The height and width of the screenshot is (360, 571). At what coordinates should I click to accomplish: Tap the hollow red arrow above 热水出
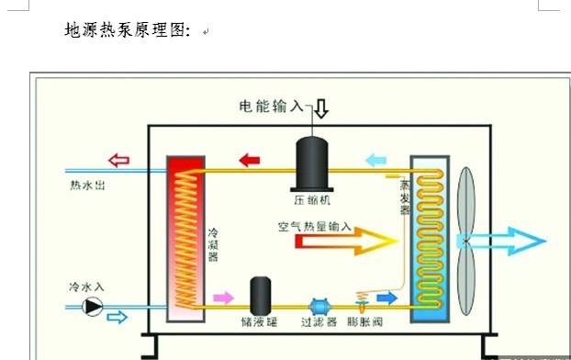click(118, 161)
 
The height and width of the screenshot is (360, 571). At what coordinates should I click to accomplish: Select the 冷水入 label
click(86, 287)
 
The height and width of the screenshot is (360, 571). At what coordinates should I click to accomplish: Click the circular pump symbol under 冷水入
click(93, 307)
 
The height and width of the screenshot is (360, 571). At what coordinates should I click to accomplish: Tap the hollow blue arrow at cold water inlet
click(118, 317)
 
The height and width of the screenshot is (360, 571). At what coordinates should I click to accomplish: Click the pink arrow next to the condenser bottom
click(223, 298)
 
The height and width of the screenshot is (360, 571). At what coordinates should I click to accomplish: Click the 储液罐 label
click(258, 324)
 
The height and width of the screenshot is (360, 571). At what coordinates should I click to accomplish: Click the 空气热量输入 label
click(315, 225)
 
